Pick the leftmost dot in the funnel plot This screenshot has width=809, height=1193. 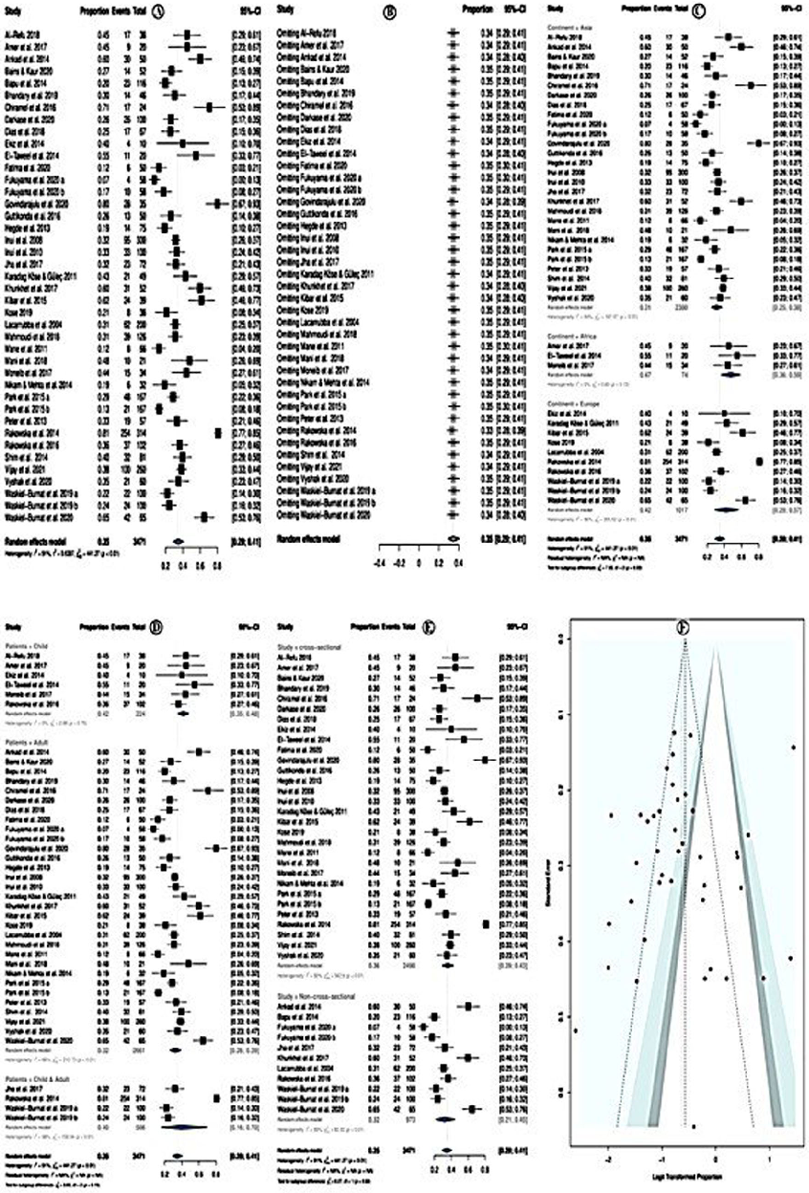point(576,1030)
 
